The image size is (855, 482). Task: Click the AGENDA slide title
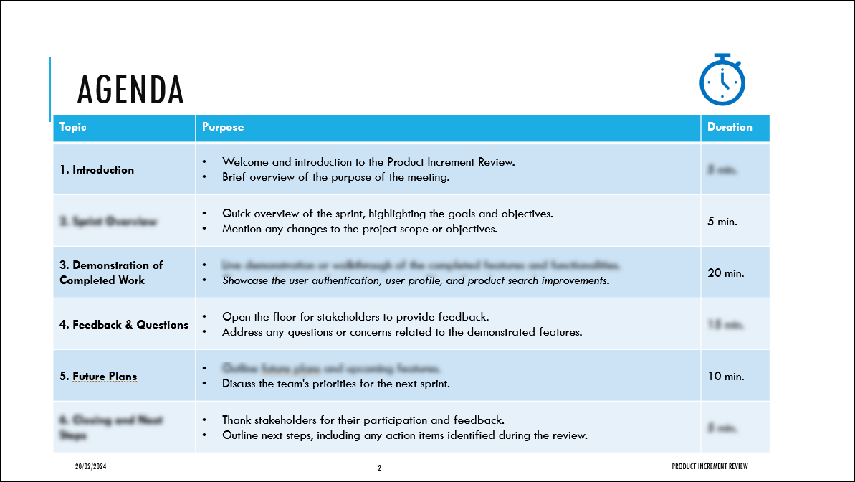(x=130, y=90)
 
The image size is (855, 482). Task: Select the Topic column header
(x=73, y=127)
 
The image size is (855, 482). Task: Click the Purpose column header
(x=223, y=127)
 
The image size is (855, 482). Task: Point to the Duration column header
(x=730, y=127)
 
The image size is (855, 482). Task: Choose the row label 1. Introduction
(x=97, y=170)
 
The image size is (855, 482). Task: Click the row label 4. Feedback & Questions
(x=124, y=325)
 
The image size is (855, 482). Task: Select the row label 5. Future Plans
(x=98, y=377)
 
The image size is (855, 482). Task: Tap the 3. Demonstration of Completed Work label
(x=111, y=273)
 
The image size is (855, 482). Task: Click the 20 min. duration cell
(x=725, y=273)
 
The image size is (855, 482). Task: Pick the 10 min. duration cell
(x=725, y=377)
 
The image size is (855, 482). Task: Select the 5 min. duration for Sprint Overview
(x=722, y=222)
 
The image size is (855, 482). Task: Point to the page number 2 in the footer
(x=380, y=468)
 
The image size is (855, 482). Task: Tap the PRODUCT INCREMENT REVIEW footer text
(x=710, y=467)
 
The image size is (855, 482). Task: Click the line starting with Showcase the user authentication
(x=416, y=280)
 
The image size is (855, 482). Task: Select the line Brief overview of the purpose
(x=335, y=177)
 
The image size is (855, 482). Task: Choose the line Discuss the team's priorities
(x=335, y=384)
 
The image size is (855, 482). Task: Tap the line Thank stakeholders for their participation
(x=363, y=420)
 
